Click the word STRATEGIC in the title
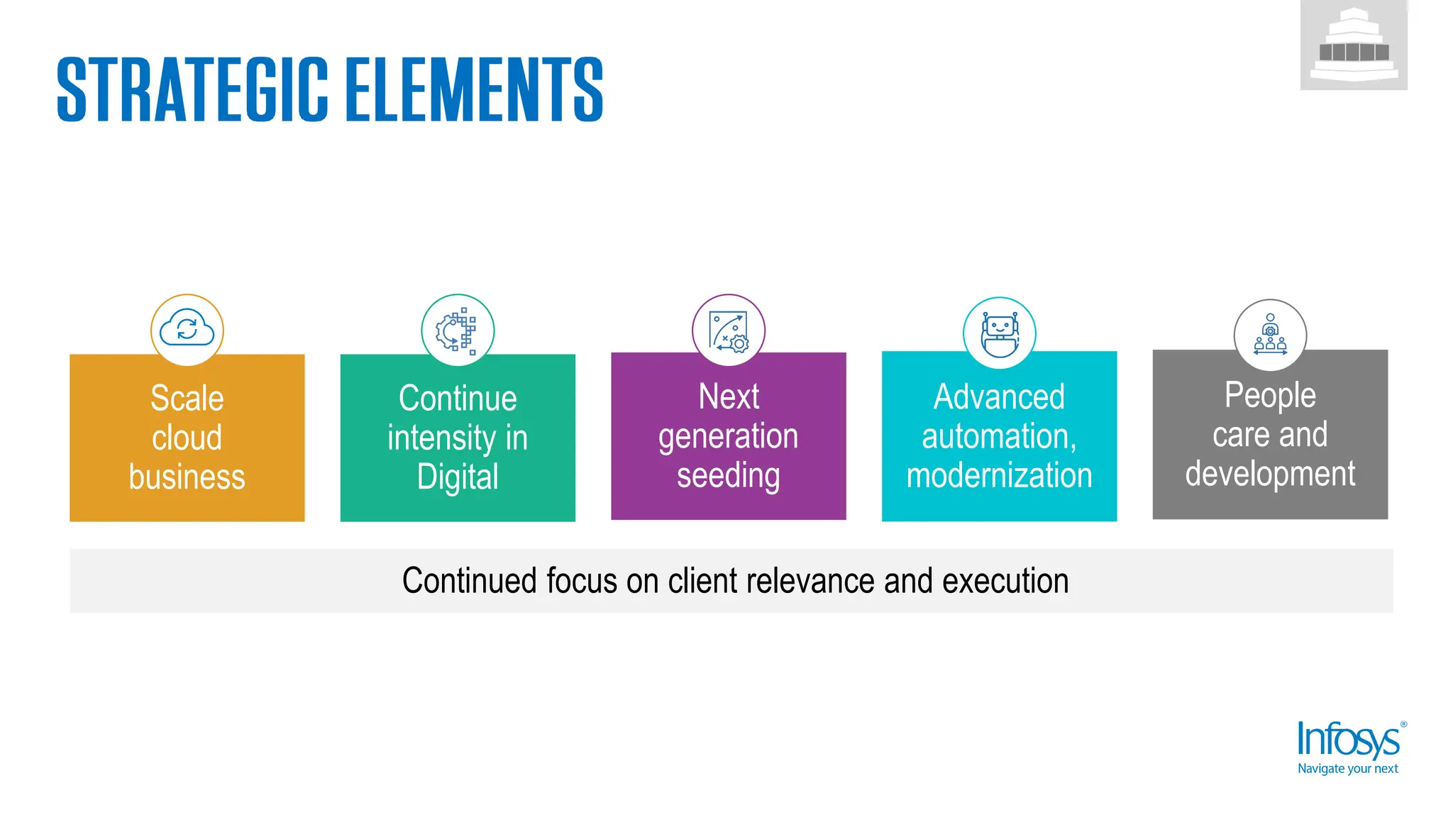(192, 90)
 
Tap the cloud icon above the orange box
(187, 329)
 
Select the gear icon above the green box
(457, 330)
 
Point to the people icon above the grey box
(1270, 335)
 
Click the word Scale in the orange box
(187, 399)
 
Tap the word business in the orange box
(187, 477)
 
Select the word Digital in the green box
(458, 477)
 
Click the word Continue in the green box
(458, 399)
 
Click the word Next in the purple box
(729, 396)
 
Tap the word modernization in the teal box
(999, 475)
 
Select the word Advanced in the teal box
(999, 396)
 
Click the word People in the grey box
(1270, 395)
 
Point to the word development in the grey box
(1270, 474)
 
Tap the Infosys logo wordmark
(1348, 740)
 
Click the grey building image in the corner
(1354, 45)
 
